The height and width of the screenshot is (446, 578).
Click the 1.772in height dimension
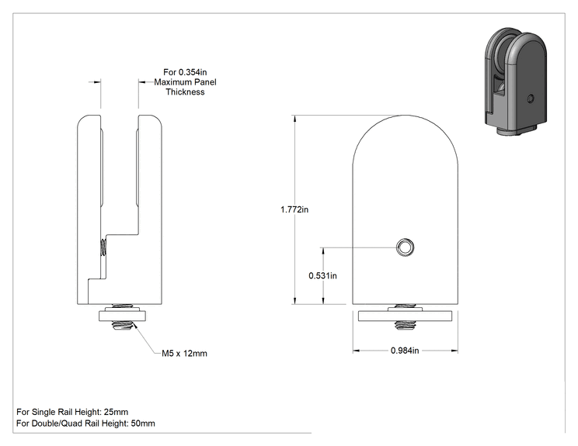pos(294,209)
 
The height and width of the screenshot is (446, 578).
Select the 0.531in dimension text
pos(322,275)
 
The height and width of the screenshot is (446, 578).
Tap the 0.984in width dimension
pos(405,351)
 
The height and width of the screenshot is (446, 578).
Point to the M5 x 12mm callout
pos(184,353)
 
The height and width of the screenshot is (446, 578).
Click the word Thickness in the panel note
pos(185,92)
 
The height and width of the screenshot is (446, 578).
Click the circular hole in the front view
pos(405,247)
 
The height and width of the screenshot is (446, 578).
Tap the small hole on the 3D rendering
pos(531,99)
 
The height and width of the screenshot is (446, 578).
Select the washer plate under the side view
pos(122,316)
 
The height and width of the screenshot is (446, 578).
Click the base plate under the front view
pos(405,316)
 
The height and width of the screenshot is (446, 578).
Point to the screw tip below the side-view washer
pos(122,325)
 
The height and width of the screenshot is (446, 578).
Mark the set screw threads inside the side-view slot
pos(104,247)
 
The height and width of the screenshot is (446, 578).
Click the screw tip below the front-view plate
pos(405,324)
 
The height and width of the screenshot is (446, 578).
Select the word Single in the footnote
pos(43,412)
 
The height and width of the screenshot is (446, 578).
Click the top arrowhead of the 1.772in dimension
pos(294,119)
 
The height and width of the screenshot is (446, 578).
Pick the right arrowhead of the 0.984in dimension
pos(454,351)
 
